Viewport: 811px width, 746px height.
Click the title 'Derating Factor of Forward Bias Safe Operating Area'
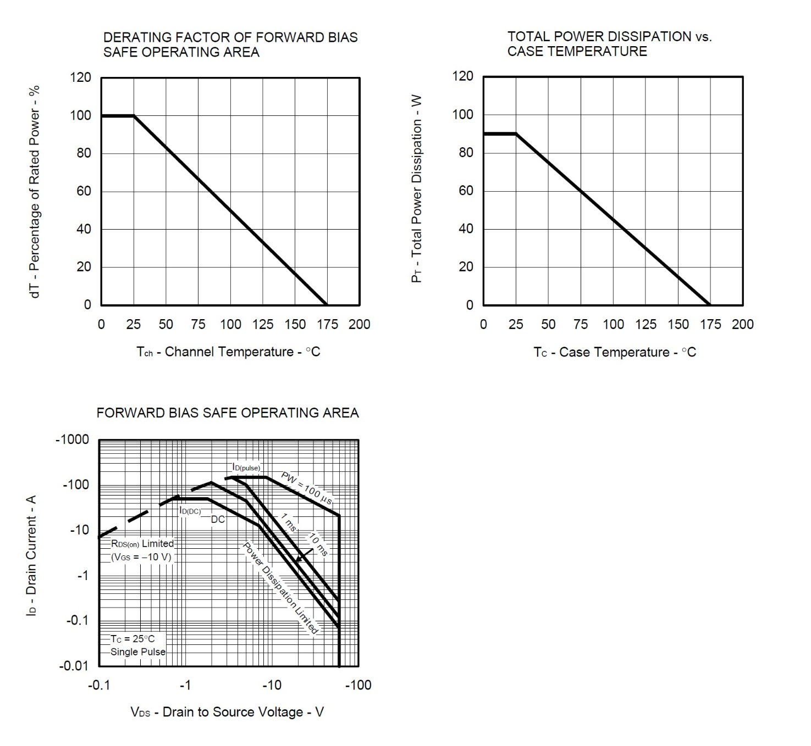230,44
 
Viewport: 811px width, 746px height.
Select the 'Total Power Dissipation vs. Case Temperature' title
609,44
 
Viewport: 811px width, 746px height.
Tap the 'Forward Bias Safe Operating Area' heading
228,413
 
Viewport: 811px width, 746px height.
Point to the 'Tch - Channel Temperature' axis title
228,352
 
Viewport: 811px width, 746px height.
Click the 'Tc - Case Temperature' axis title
614,353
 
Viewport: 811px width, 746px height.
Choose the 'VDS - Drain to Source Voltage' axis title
227,712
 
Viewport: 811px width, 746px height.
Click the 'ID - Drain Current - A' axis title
31,555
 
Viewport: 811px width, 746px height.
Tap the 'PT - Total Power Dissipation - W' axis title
417,190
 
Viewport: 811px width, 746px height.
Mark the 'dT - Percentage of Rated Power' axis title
35,192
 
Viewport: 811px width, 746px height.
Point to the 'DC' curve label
218,520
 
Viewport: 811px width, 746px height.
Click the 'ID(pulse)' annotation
246,467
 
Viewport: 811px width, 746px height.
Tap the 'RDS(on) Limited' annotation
142,544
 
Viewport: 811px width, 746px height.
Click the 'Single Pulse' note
137,652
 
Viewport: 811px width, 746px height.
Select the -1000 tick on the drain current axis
72,440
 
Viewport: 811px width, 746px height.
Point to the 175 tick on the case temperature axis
710,325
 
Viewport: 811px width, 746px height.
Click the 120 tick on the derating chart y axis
80,77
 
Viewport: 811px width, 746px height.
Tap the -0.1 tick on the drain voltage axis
98,686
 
